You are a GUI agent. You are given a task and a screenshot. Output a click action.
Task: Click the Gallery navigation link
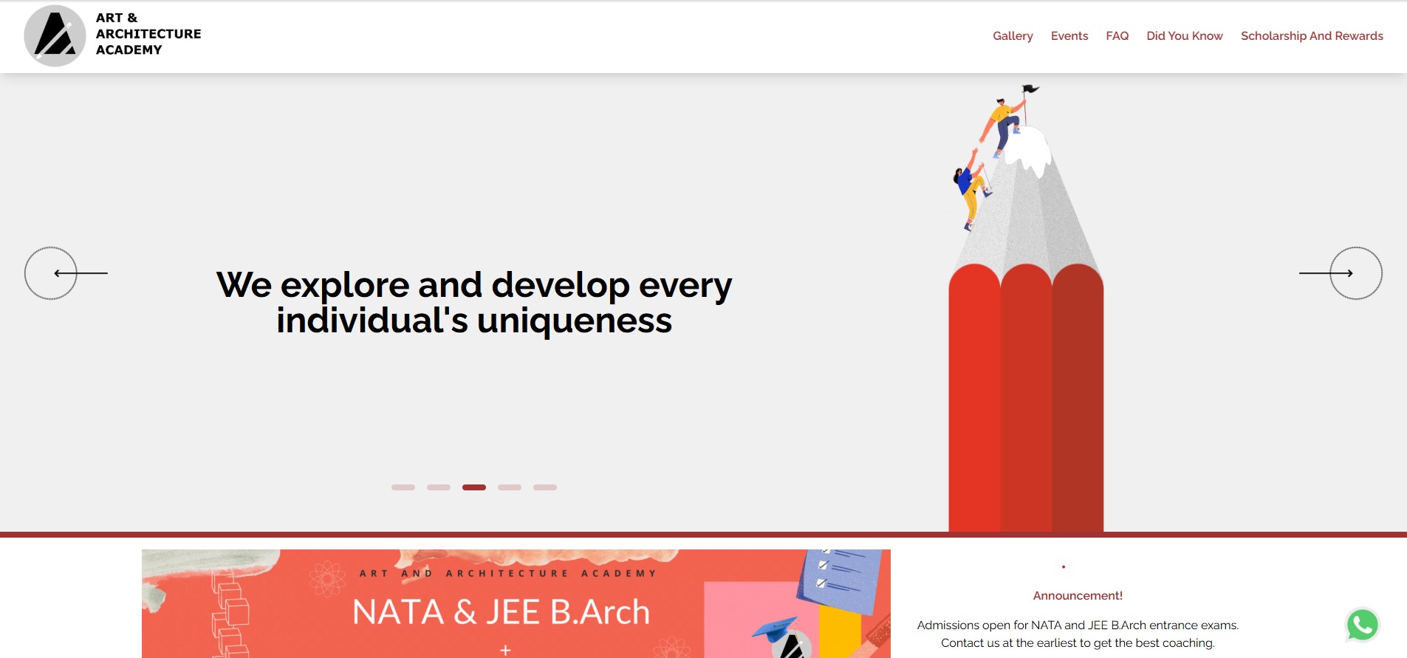tap(1013, 36)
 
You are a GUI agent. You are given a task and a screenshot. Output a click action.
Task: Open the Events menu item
tap(1069, 36)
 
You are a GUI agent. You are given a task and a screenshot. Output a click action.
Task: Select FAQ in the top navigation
tap(1117, 36)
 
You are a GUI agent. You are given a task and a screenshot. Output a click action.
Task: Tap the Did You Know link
tap(1185, 36)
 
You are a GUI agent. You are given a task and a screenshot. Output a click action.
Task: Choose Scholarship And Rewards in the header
tap(1312, 36)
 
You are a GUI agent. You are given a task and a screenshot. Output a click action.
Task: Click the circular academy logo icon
tap(55, 36)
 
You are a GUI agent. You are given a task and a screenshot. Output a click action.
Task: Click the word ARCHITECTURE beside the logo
tap(148, 34)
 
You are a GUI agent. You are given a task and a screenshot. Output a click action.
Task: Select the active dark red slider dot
tap(474, 487)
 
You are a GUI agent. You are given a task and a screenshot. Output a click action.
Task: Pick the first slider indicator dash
tap(403, 487)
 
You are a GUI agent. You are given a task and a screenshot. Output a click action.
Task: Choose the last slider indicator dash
tap(545, 487)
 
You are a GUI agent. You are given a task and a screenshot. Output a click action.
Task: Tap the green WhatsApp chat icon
tap(1363, 625)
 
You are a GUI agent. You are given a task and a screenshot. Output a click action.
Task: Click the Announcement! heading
tap(1078, 596)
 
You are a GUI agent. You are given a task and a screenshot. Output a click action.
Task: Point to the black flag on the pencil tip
tap(1030, 89)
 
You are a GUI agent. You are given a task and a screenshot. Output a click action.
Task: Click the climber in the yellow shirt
tap(1001, 126)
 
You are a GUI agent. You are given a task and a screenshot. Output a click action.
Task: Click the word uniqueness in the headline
tap(575, 321)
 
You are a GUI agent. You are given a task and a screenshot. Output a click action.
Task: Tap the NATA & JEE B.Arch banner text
tap(501, 612)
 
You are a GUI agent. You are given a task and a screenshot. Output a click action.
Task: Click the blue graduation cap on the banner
tap(775, 630)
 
